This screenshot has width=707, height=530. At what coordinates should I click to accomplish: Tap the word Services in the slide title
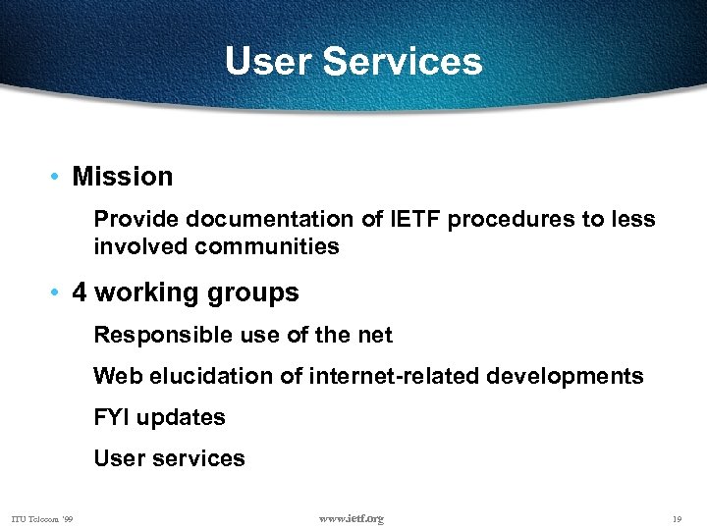pyautogui.click(x=403, y=61)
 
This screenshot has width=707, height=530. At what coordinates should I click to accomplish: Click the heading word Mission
pyautogui.click(x=123, y=177)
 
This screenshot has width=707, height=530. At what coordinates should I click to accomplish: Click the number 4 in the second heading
pyautogui.click(x=81, y=292)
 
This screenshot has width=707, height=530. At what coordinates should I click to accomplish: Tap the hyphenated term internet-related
pyautogui.click(x=392, y=376)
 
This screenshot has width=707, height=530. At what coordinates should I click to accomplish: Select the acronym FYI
pyautogui.click(x=111, y=417)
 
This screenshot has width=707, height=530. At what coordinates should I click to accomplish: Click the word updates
pyautogui.click(x=181, y=418)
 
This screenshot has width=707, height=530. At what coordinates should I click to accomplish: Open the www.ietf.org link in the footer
pyautogui.click(x=352, y=518)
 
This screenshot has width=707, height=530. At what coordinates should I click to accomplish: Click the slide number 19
pyautogui.click(x=678, y=519)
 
